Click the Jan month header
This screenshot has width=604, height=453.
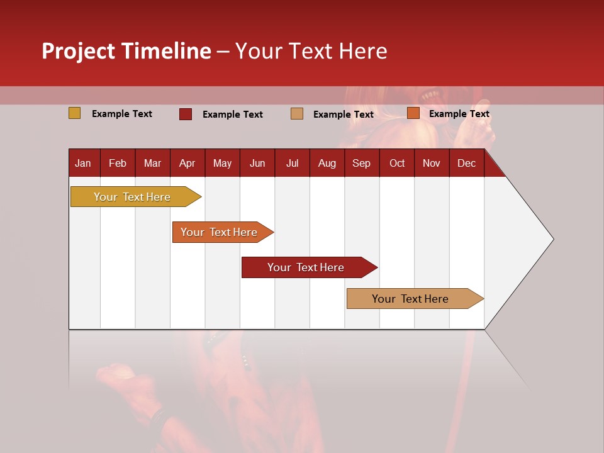tap(83, 163)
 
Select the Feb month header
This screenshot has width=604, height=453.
tap(118, 163)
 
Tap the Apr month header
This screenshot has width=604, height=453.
tap(187, 163)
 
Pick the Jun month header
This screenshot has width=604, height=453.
tap(257, 163)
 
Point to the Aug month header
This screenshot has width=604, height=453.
tap(327, 163)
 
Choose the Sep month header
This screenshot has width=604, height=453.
tap(361, 163)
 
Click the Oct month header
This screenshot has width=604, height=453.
tap(397, 163)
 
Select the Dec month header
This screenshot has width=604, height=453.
tap(466, 163)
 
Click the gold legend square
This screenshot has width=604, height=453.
tap(75, 113)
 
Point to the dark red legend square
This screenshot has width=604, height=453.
tap(186, 114)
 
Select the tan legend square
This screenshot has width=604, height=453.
tap(297, 114)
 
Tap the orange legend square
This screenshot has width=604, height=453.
tap(413, 113)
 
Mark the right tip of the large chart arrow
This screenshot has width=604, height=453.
tap(552, 239)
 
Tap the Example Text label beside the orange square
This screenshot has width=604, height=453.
tap(459, 114)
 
